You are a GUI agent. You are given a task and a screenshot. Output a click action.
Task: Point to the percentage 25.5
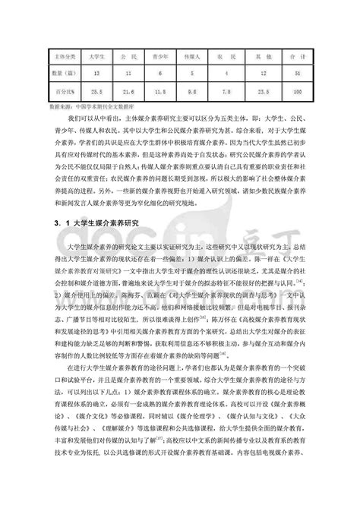(96, 91)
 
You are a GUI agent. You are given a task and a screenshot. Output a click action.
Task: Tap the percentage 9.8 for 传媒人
(191, 91)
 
